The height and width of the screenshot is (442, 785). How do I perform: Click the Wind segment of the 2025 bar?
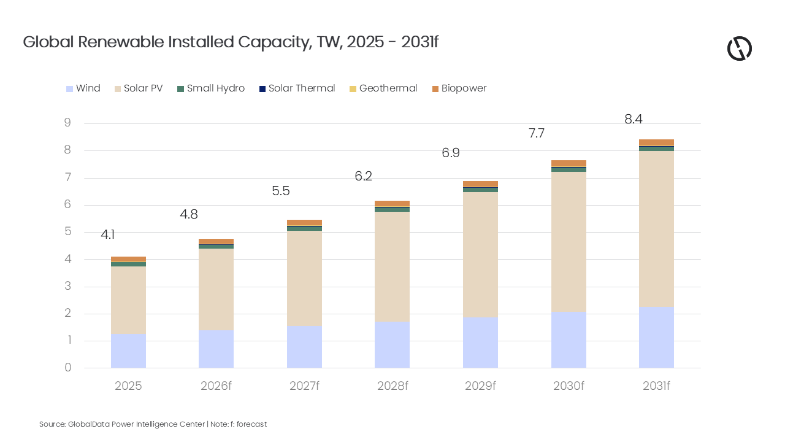pos(128,351)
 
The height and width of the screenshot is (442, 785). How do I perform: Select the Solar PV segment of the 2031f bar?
pos(656,228)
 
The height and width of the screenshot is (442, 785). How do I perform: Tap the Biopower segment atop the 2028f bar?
pos(392,204)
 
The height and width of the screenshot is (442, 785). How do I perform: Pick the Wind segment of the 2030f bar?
pos(569,339)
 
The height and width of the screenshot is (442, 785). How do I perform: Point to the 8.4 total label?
pos(633,120)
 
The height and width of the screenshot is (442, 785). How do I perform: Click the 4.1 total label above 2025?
pos(108,235)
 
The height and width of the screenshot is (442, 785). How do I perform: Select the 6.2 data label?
pos(363,177)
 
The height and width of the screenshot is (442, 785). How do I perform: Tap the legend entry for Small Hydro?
pos(215,88)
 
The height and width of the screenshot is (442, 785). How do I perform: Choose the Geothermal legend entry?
pos(388,88)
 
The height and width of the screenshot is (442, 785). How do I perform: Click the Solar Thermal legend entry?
pos(301,88)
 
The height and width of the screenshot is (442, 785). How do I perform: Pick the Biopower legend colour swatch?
pos(435,89)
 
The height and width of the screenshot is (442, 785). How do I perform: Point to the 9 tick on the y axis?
pos(67,123)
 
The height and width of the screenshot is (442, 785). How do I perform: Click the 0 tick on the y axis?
pos(67,368)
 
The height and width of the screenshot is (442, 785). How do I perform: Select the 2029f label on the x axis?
pos(480,386)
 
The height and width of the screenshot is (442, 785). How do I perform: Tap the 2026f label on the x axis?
pos(216,386)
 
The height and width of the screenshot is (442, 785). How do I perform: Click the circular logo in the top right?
pos(739,48)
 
